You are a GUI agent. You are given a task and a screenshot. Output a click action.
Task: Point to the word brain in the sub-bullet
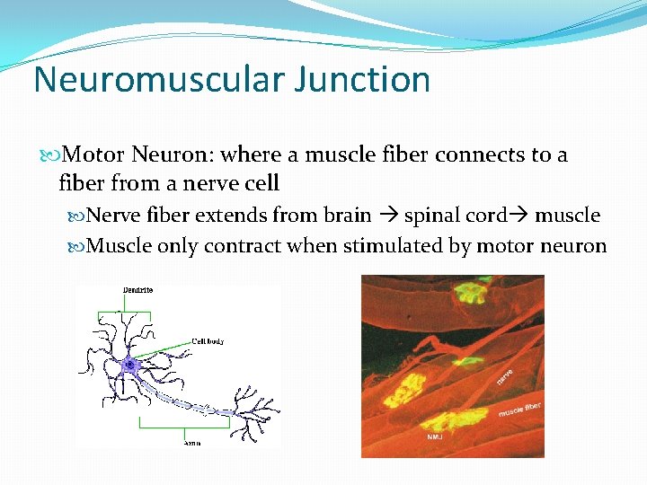tap(345, 215)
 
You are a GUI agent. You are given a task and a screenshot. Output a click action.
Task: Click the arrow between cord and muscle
tap(520, 216)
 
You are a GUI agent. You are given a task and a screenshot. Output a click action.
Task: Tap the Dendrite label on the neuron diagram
tap(137, 290)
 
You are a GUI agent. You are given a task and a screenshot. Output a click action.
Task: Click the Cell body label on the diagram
tap(208, 341)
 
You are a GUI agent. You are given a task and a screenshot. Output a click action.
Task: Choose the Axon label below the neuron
tap(191, 443)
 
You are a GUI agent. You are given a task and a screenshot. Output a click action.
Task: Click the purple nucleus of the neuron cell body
tap(129, 365)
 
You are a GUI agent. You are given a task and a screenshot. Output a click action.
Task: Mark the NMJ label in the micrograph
tap(434, 437)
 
